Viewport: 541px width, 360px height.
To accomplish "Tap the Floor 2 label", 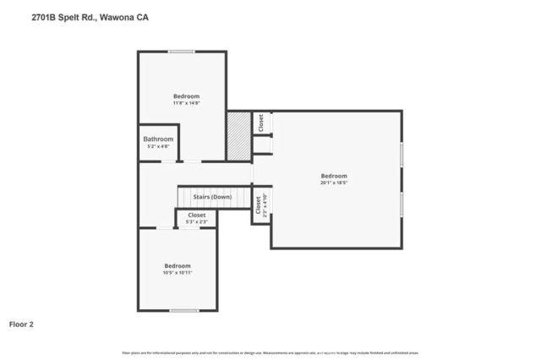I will pos(21,324).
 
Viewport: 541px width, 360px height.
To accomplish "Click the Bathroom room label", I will pos(158,139).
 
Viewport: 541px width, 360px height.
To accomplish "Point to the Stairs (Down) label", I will pos(212,197).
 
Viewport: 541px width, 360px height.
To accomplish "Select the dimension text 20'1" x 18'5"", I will pos(335,182).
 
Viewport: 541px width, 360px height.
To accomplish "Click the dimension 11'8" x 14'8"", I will pos(186,103).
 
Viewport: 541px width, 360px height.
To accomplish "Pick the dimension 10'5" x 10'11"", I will pos(178,272).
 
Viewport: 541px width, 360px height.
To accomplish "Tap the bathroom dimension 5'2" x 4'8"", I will pos(158,147).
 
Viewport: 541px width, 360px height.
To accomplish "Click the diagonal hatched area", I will pos(238,135).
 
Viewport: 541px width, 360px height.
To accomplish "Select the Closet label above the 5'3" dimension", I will pos(197,215).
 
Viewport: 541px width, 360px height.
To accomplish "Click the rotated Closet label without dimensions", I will pos(260,123).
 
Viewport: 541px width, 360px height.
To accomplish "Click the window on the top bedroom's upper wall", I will pos(182,52).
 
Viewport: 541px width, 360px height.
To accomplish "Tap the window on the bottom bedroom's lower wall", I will pos(183,310).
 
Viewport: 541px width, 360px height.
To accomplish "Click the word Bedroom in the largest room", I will pos(335,176).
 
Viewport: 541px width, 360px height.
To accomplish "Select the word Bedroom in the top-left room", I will pos(186,96).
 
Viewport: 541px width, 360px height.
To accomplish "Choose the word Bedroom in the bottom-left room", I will pos(178,265).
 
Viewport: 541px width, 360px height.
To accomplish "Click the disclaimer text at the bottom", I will pos(270,352).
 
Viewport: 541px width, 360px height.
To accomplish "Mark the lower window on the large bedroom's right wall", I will pos(402,205).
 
